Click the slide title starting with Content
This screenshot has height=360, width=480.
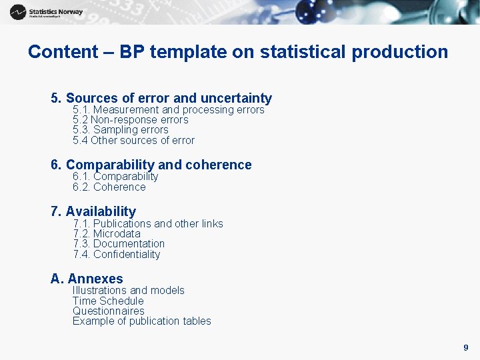238,52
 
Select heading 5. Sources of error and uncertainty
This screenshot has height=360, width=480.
161,98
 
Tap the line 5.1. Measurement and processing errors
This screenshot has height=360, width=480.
168,109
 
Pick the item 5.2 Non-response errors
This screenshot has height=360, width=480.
130,120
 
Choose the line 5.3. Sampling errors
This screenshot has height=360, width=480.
120,130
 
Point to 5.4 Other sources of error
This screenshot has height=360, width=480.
133,141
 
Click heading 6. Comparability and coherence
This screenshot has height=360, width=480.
151,165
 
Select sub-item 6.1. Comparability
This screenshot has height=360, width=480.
115,177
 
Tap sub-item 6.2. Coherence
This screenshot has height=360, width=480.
109,187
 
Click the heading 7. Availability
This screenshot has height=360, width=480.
93,211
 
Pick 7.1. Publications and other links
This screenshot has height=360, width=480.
148,223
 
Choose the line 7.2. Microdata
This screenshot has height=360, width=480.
107,234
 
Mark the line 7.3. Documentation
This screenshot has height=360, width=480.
119,244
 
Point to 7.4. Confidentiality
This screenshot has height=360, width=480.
117,255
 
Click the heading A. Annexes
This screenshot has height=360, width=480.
87,279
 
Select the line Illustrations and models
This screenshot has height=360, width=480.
128,291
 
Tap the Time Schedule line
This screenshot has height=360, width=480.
108,301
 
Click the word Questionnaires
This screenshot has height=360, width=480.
108,311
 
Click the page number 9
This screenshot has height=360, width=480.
465,347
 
